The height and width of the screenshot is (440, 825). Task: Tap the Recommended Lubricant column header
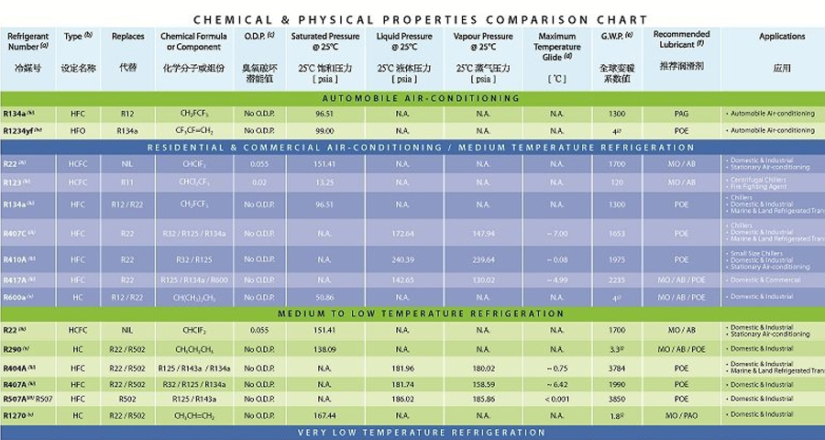[x=680, y=39]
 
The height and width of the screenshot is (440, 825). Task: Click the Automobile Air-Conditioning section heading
[x=421, y=98]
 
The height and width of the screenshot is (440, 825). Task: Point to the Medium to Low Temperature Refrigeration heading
[x=421, y=313]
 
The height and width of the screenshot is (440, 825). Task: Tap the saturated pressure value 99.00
[x=322, y=130]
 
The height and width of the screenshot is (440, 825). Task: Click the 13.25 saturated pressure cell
[x=322, y=181]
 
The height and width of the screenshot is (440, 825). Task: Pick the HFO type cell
[x=78, y=130]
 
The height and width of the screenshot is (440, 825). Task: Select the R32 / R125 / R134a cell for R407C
[x=193, y=234]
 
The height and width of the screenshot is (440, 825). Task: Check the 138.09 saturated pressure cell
[x=322, y=348]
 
